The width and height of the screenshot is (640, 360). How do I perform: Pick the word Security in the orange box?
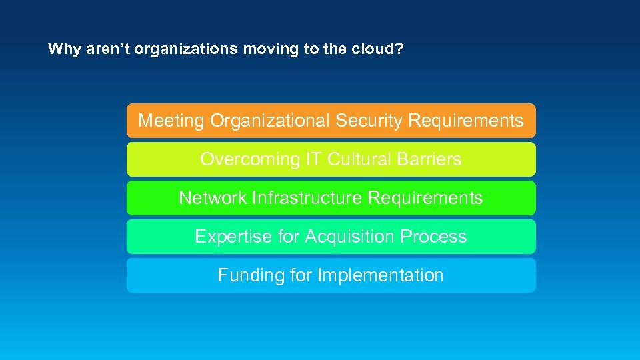(369, 121)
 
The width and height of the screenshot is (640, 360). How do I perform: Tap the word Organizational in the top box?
(270, 121)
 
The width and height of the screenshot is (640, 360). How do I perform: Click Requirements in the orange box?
(465, 121)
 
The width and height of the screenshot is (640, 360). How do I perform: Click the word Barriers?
(428, 159)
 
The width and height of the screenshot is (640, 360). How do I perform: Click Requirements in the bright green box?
(425, 198)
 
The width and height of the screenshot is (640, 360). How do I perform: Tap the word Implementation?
(381, 275)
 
